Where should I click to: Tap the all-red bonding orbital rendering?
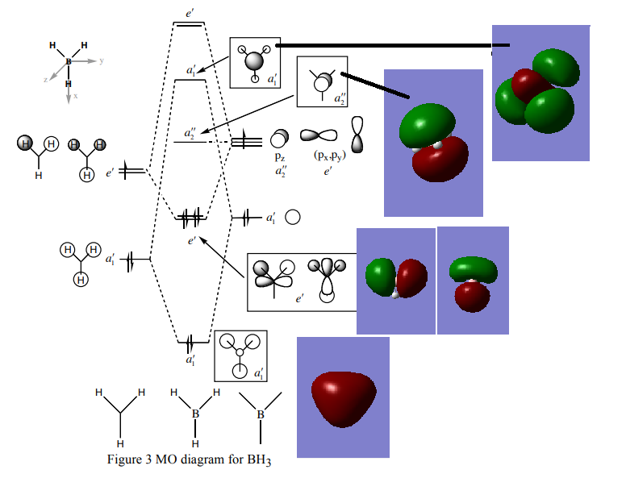tap(343, 397)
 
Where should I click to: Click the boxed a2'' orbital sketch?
tap(322, 81)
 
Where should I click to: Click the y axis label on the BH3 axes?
tap(102, 60)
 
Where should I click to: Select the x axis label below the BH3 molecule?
tap(76, 96)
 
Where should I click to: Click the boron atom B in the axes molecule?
tap(69, 61)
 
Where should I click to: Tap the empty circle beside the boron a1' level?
tap(294, 217)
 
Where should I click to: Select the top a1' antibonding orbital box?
tap(255, 62)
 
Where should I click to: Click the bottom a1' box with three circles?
tap(240, 355)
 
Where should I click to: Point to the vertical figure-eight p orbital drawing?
tap(358, 135)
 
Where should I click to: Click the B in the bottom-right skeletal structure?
tap(260, 414)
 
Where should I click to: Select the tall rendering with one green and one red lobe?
tap(433, 142)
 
